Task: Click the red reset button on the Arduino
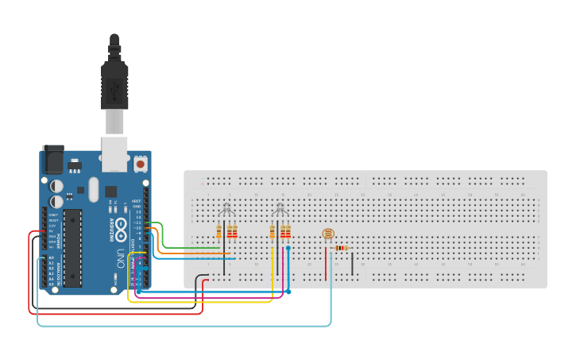pyautogui.click(x=141, y=165)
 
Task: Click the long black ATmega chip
pyautogui.click(x=72, y=247)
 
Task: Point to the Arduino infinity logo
pyautogui.click(x=121, y=231)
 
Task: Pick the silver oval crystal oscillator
pyautogui.click(x=93, y=189)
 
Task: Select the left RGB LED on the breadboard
pyautogui.click(x=226, y=211)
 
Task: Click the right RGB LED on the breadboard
pyautogui.click(x=280, y=211)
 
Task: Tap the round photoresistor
pyautogui.click(x=327, y=234)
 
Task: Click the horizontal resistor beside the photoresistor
pyautogui.click(x=342, y=248)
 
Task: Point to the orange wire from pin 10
pyautogui.click(x=191, y=254)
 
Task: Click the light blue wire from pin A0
pyautogui.click(x=183, y=325)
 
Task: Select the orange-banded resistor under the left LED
pyautogui.click(x=219, y=232)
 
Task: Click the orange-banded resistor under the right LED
pyautogui.click(x=273, y=232)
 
